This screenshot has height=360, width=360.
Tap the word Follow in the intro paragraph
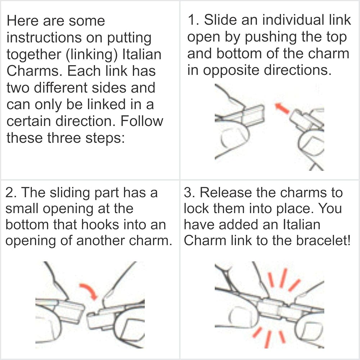(141, 121)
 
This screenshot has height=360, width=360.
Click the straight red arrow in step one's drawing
(282, 108)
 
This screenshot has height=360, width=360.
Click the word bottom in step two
(27, 225)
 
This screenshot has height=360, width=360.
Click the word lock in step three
(196, 208)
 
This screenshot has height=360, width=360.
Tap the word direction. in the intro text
(85, 121)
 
